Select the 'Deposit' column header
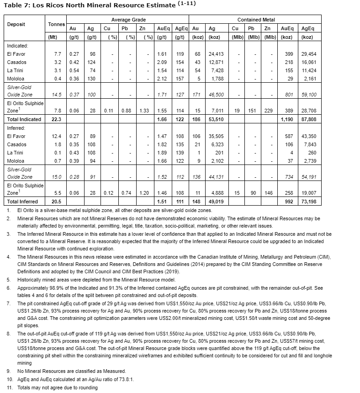[16, 24]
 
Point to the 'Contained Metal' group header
[256, 20]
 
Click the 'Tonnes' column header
[57, 24]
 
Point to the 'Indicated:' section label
[17, 46]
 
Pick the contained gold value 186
[197, 119]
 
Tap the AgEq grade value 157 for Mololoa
[180, 79]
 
